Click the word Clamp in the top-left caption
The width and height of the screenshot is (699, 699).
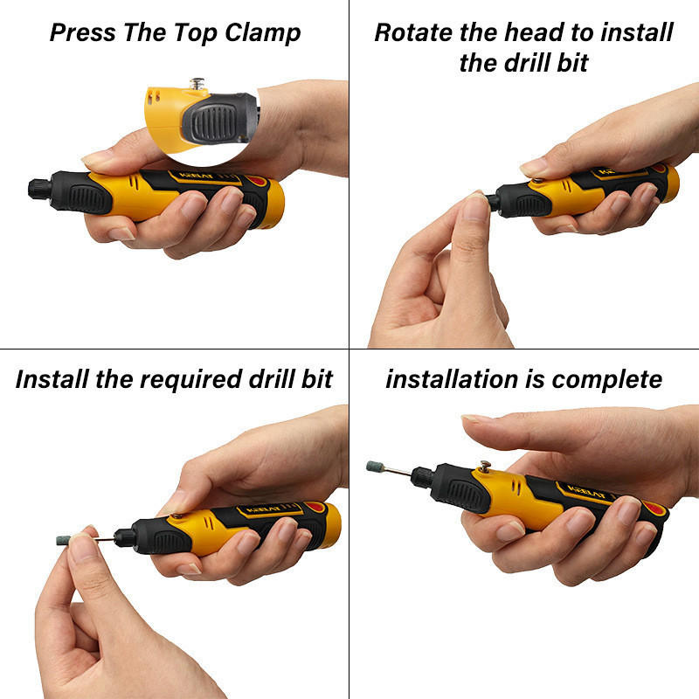[263, 33]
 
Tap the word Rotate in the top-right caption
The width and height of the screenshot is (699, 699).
[413, 32]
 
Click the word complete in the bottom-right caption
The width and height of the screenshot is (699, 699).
[607, 380]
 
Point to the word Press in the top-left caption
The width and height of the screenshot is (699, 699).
[83, 32]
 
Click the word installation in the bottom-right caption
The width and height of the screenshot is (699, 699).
[452, 379]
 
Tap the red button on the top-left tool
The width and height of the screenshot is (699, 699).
[255, 181]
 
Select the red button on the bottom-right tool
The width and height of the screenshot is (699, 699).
[654, 509]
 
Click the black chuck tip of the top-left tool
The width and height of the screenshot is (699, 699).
[39, 189]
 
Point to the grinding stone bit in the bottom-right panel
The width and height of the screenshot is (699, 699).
[376, 467]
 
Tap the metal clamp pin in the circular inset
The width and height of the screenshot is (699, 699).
[197, 84]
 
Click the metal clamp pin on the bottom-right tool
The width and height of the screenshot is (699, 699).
[485, 466]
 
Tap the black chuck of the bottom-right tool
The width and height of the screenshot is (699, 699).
[422, 477]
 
